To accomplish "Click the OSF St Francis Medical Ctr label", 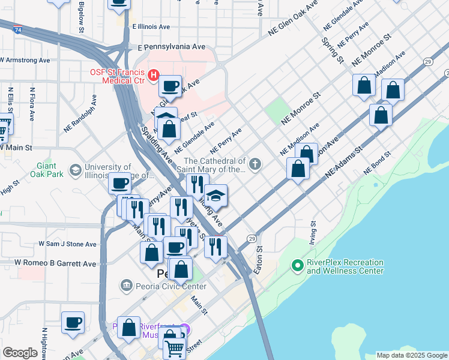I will click(x=117, y=77).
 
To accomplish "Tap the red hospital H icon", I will click(x=153, y=75).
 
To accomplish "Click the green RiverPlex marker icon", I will click(x=297, y=265).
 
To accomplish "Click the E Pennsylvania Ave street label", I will click(x=172, y=47).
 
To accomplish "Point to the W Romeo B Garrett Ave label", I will click(x=55, y=263).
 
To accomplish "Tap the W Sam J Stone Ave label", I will click(x=67, y=244).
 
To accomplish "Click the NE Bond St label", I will click(x=378, y=162).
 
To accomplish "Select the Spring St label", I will click(x=332, y=51).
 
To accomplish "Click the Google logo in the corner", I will click(x=20, y=353).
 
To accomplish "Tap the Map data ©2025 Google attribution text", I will click(x=412, y=355).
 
